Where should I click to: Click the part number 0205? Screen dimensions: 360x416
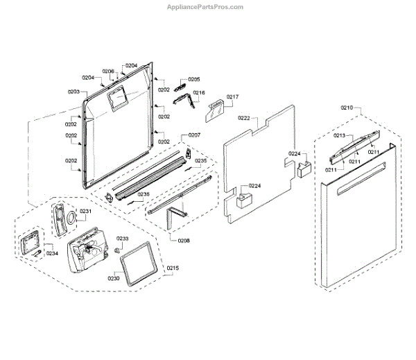click(x=193, y=80)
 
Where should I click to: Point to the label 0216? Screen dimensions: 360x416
click(x=198, y=92)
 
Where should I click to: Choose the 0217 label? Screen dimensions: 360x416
click(x=232, y=96)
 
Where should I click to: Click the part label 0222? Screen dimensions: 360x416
click(x=243, y=119)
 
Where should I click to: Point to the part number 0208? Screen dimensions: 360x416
click(x=184, y=239)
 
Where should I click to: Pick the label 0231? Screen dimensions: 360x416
click(x=85, y=211)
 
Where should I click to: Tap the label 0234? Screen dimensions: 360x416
click(x=52, y=253)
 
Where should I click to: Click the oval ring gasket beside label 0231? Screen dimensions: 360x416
click(x=70, y=219)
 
